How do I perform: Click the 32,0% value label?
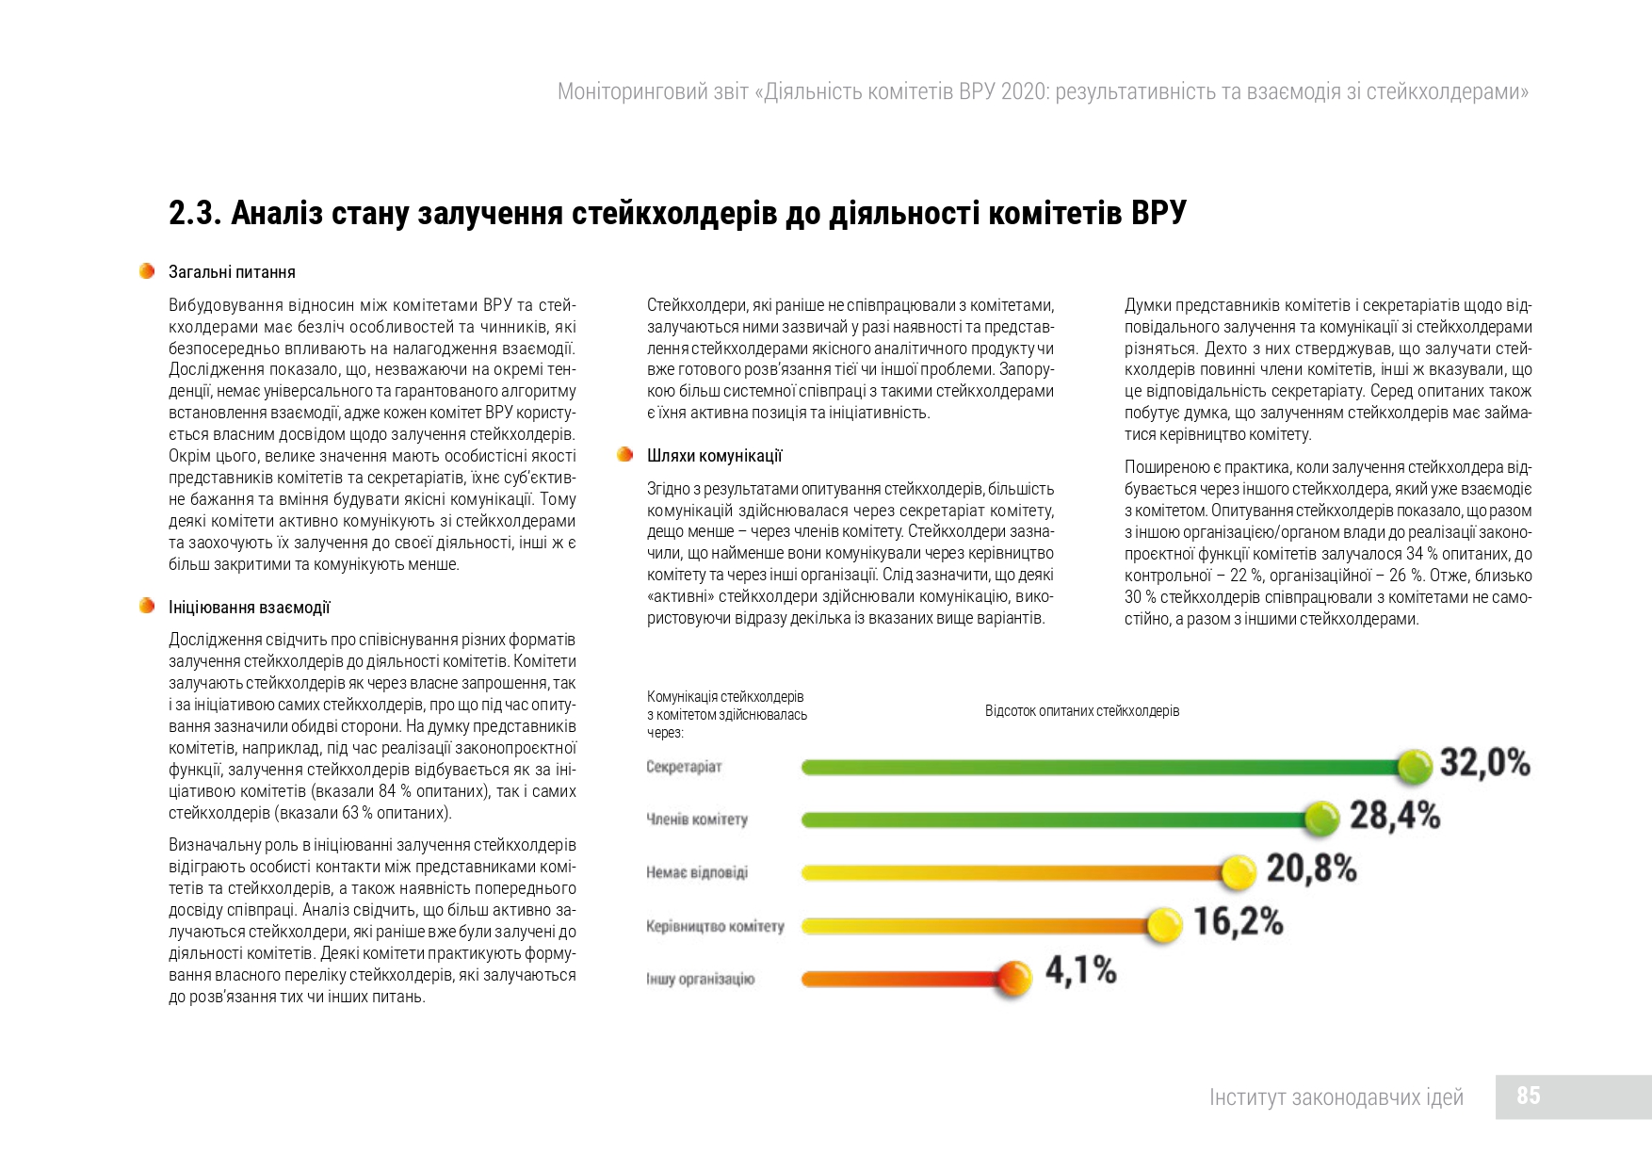pyautogui.click(x=1485, y=763)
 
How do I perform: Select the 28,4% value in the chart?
pyautogui.click(x=1395, y=816)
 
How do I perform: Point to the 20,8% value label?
pyautogui.click(x=1311, y=869)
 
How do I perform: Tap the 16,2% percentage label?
pyautogui.click(x=1239, y=921)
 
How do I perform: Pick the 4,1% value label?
pyautogui.click(x=1081, y=970)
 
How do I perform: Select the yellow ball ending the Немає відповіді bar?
pyautogui.click(x=1239, y=872)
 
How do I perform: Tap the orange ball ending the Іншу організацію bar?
pyautogui.click(x=1014, y=978)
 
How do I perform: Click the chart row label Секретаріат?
pyautogui.click(x=684, y=767)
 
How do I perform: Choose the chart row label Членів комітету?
pyautogui.click(x=697, y=820)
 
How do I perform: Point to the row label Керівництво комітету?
pyautogui.click(x=715, y=926)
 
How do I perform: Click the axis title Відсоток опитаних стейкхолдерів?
pyautogui.click(x=1082, y=711)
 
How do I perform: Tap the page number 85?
pyautogui.click(x=1529, y=1096)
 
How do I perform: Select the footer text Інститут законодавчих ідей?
pyautogui.click(x=1336, y=1097)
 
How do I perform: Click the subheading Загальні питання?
pyautogui.click(x=232, y=272)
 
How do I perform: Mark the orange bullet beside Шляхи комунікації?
pyautogui.click(x=624, y=455)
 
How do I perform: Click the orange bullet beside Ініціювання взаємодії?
pyautogui.click(x=146, y=606)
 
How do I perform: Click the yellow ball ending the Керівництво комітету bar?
pyautogui.click(x=1165, y=925)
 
